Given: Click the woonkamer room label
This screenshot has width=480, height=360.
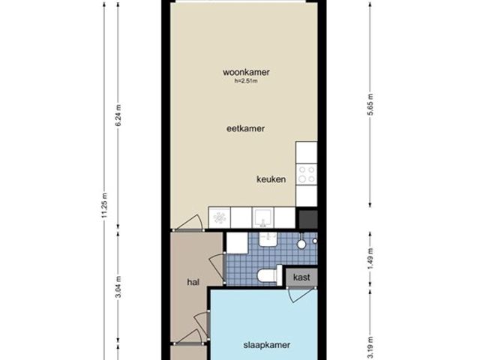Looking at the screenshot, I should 246,73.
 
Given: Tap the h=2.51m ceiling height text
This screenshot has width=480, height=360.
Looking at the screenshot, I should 246,82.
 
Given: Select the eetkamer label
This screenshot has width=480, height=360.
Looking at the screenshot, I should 246,128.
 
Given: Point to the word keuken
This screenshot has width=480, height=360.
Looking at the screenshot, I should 271,179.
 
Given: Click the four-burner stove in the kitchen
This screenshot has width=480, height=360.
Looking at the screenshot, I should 306,175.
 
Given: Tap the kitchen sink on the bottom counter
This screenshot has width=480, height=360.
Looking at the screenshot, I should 262,217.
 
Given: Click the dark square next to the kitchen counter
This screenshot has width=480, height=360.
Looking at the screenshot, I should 307,219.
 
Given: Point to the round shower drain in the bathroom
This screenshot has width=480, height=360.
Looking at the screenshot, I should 301,244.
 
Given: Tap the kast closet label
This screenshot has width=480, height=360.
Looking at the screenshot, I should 302,277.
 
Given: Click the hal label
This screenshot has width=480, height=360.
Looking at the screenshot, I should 193,282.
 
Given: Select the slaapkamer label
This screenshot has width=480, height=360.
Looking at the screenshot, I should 262,346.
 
